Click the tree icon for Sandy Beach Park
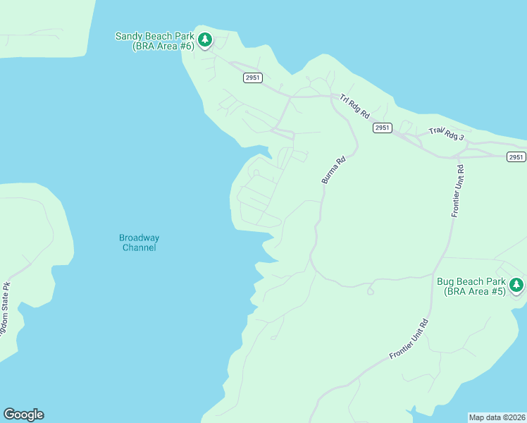[205, 39]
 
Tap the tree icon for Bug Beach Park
[517, 285]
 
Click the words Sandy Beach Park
[154, 36]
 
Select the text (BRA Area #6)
[163, 46]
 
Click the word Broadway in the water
[139, 238]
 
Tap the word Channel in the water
[139, 247]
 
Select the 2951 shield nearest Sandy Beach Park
[253, 78]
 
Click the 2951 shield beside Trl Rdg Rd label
[382, 128]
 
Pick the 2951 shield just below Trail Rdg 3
[516, 157]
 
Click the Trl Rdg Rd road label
[354, 106]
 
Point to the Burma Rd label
[334, 170]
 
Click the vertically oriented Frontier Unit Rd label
[457, 190]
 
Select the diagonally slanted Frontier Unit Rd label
[409, 339]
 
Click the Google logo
[23, 415]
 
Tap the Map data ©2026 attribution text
[497, 417]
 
